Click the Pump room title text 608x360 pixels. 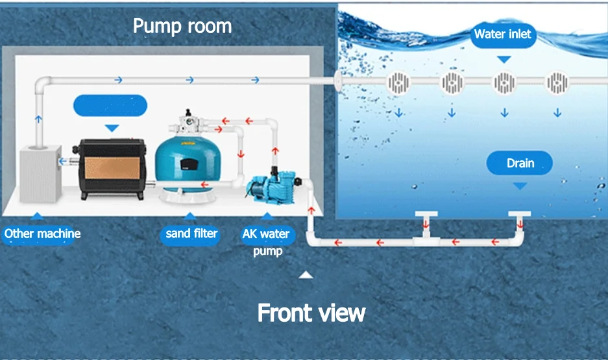coord(182,26)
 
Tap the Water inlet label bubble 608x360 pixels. coord(503,34)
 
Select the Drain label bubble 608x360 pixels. coord(520,163)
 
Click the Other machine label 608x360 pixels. coord(43,234)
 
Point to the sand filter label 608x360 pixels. coord(191,234)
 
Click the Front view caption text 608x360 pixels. coord(311,313)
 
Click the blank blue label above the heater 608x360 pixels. coord(110,105)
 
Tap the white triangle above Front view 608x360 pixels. coord(306,275)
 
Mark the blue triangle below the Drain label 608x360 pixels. coord(520,186)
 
